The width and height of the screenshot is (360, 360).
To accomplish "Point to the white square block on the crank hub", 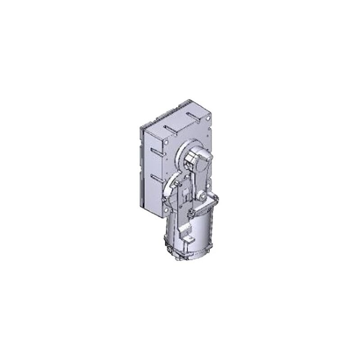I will [x=189, y=158].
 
